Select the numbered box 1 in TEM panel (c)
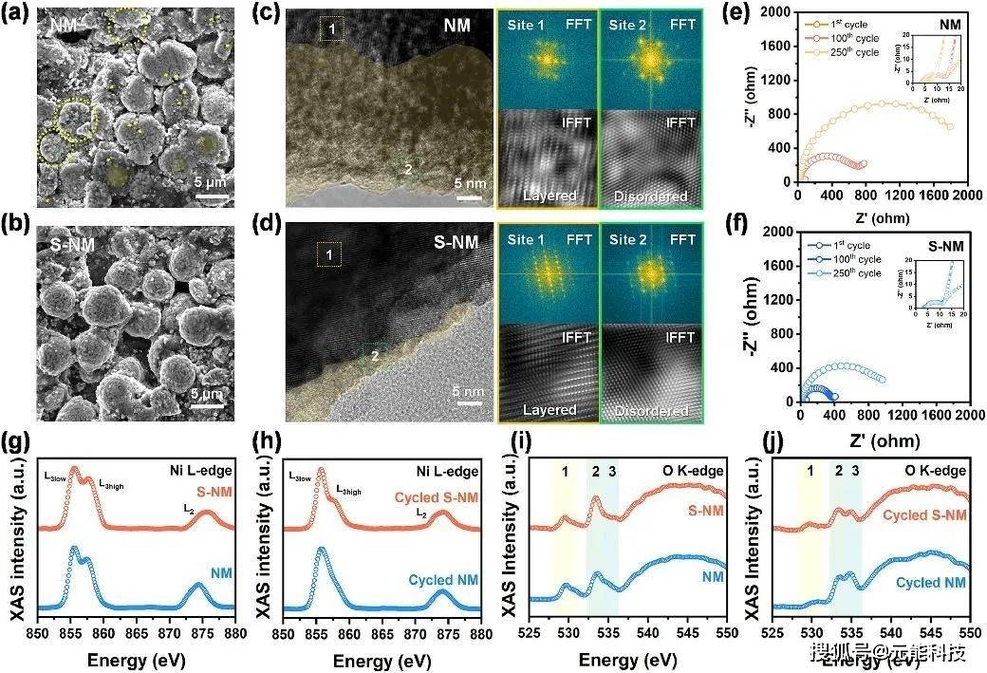pos(331,29)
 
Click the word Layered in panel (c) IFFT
pos(549,196)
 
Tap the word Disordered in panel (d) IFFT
pos(650,410)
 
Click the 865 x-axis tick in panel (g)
pos(136,631)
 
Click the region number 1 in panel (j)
pos(810,471)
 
